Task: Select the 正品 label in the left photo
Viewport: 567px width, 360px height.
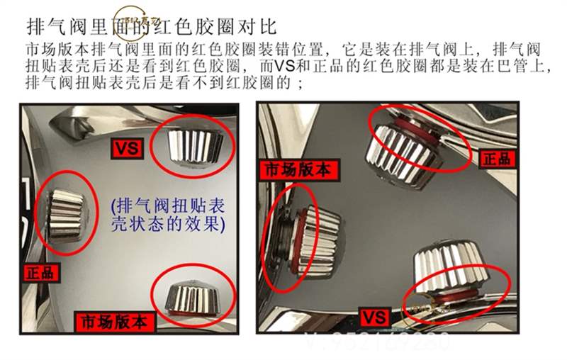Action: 41,271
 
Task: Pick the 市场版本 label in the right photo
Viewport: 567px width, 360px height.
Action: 298,169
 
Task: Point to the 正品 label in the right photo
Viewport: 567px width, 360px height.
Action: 496,157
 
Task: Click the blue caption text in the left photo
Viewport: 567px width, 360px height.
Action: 167,215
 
